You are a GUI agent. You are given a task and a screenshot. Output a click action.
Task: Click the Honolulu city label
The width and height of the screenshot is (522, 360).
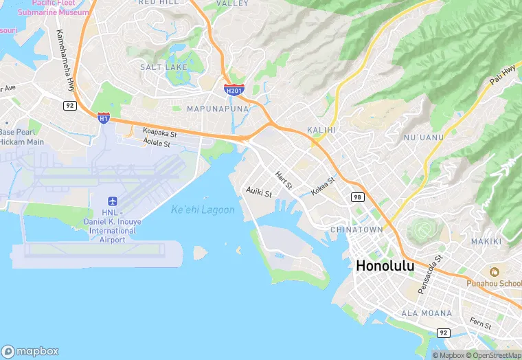385,267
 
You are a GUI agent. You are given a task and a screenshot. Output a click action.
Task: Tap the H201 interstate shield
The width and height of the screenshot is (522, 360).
234,89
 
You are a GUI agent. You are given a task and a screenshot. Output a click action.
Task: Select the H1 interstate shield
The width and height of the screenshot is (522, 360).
104,118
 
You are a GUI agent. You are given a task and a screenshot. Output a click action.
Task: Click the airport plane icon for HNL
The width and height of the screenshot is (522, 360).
113,201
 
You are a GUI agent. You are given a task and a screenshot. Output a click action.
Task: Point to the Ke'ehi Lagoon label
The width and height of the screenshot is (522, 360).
203,210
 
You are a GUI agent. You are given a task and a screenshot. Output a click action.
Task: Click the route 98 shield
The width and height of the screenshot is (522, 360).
357,197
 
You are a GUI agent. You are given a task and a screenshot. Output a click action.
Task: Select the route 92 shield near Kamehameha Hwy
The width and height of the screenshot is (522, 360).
69,105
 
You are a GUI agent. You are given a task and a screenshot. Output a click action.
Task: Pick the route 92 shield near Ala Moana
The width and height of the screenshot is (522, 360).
444,333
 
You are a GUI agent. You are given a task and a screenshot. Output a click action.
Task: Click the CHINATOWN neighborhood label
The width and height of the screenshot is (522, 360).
356,229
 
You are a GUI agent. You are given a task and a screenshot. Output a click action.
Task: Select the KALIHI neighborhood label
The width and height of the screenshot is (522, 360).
321,129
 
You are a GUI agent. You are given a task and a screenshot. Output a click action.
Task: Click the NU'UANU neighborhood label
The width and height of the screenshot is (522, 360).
424,137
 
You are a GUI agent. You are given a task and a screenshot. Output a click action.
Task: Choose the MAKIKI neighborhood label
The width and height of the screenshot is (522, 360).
486,241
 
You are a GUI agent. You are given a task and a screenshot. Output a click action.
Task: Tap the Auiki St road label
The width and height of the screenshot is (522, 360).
259,194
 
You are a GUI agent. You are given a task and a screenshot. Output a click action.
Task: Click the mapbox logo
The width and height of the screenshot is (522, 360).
30,350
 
